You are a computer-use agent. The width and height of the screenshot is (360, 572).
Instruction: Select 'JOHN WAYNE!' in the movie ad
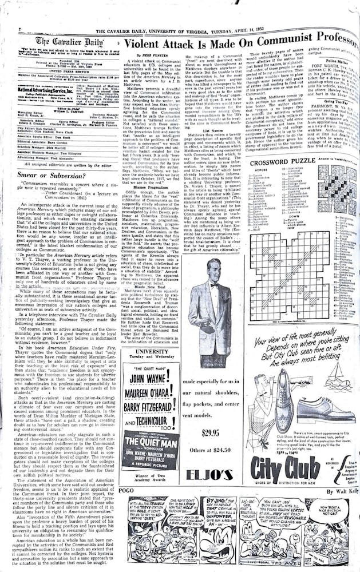(x=150, y=379)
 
